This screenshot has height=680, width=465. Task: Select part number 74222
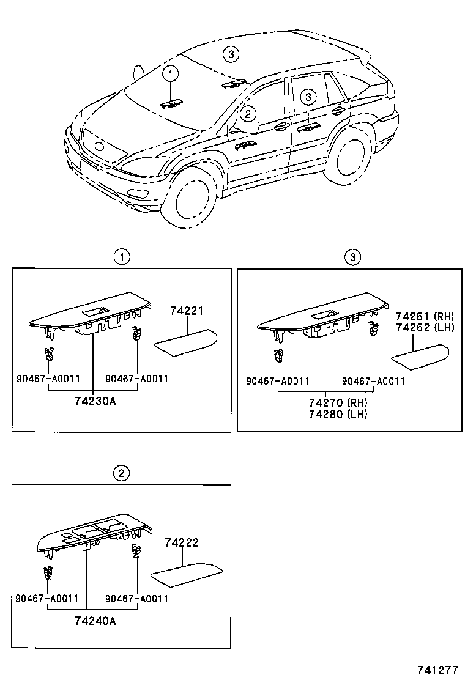182,542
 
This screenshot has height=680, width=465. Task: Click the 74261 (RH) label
424,316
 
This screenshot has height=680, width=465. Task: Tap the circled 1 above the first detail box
123,257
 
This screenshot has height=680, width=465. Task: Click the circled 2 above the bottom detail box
122,473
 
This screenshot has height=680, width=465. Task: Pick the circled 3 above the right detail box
352,257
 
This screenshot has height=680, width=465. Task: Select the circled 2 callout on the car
247,113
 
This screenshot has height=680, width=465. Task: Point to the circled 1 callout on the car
170,74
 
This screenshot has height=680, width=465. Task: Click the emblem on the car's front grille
98,147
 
